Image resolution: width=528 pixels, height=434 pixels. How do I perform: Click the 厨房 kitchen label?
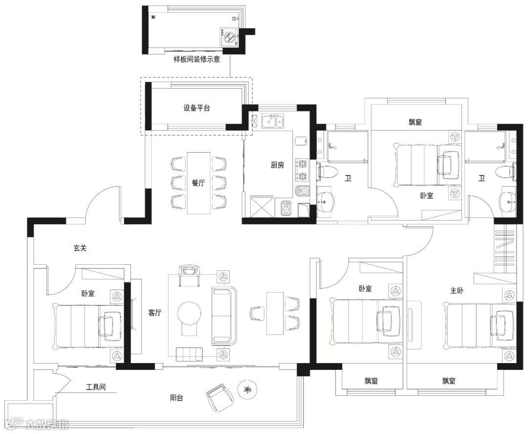tap(278, 165)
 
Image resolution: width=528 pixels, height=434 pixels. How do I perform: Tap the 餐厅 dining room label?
tap(198, 183)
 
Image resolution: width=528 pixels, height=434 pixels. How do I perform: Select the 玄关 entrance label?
tap(80, 248)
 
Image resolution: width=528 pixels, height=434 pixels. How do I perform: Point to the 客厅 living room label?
tap(155, 313)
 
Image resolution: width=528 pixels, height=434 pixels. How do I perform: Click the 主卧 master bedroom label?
tap(457, 290)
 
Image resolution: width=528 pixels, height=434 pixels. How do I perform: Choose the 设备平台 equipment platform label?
tap(197, 108)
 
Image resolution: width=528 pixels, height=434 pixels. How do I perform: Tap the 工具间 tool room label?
tap(96, 387)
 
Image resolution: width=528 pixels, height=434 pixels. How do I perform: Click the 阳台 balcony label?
tap(176, 398)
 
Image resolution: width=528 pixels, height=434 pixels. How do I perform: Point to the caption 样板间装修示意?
tap(197, 59)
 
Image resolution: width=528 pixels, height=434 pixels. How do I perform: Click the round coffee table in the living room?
tap(190, 312)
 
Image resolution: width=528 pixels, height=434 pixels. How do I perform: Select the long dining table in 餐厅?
tap(198, 183)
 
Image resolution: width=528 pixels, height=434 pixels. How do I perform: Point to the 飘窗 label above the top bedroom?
tap(416, 122)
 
